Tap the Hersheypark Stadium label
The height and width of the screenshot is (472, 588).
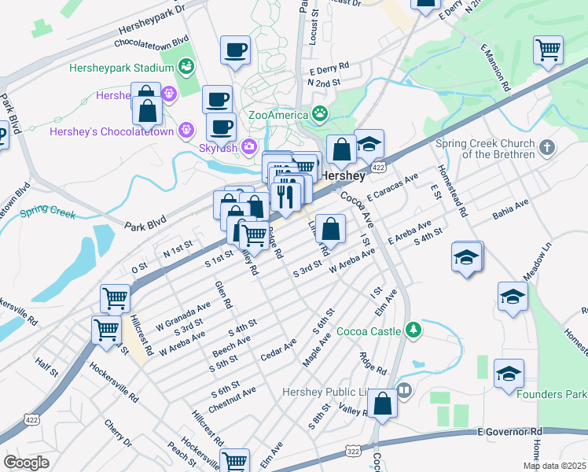tap(120, 68)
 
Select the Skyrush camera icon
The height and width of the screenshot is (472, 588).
tap(248, 146)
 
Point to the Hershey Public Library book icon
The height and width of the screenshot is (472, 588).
tap(404, 390)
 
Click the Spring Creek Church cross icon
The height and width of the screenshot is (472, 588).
tap(548, 147)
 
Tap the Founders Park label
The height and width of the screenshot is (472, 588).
tap(552, 394)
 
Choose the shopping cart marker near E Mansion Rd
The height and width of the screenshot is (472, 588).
tap(547, 50)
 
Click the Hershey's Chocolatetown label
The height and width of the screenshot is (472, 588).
tap(111, 131)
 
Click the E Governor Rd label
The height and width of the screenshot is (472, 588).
tap(509, 432)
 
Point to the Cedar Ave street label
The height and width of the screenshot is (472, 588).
tap(278, 348)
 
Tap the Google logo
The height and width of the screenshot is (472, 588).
tap(27, 463)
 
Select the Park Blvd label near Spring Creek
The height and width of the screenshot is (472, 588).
tap(146, 224)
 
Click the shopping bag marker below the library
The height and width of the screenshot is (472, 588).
tap(382, 404)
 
